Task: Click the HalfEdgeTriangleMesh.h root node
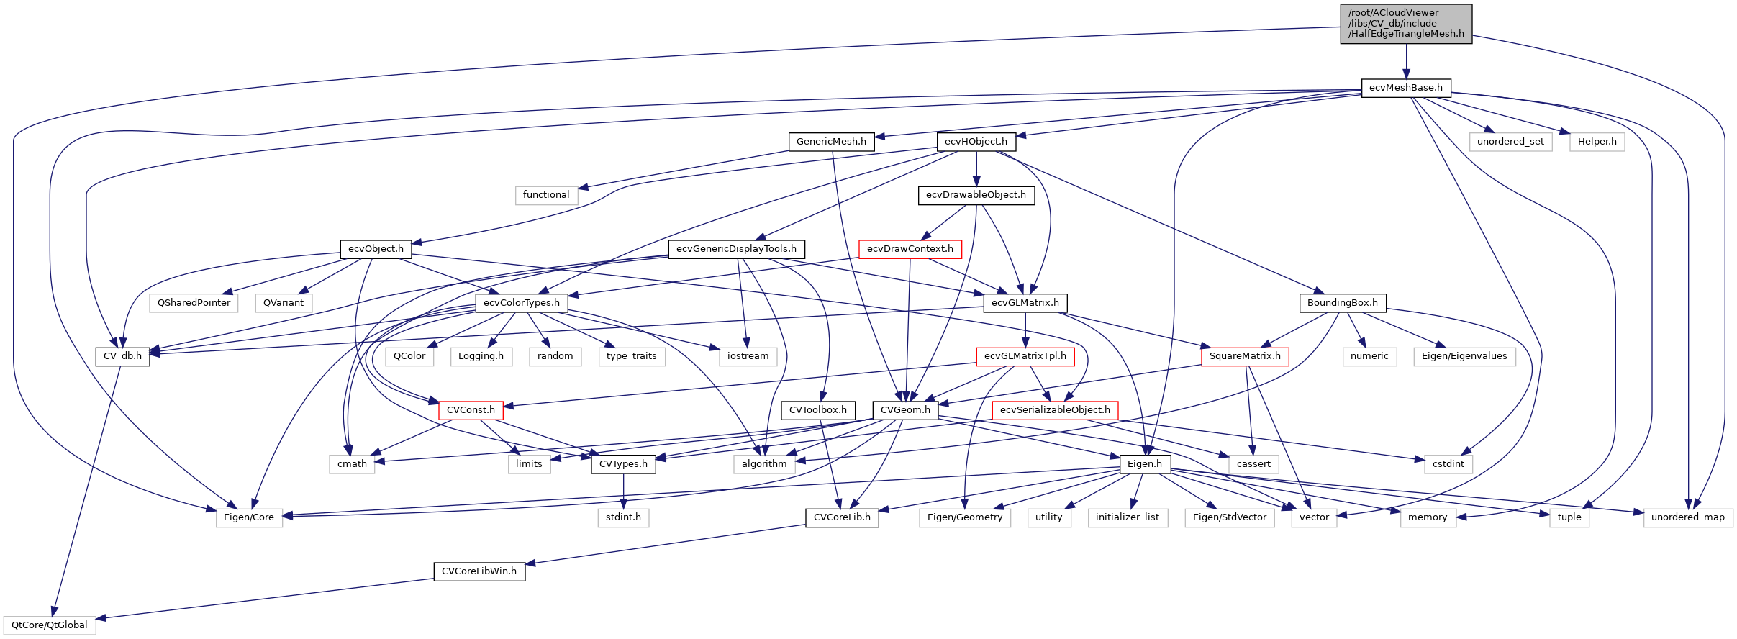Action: coord(1406,24)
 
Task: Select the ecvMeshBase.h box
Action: coord(1406,88)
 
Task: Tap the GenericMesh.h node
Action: coord(831,142)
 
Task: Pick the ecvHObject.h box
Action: coord(976,142)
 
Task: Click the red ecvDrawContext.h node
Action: coord(910,249)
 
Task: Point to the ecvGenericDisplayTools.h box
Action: coord(736,249)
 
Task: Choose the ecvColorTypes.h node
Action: coord(522,303)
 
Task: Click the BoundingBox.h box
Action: coord(1342,303)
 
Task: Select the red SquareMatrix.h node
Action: coord(1244,356)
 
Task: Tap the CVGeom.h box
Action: coord(905,410)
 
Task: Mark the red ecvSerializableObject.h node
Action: coord(1055,410)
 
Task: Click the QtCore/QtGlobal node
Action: coord(49,625)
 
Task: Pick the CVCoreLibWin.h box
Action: coord(479,571)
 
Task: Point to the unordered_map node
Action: coord(1687,517)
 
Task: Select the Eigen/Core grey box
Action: coord(249,517)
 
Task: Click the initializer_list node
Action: coord(1127,517)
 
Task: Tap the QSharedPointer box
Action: coord(194,303)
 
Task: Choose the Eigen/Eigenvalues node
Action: coord(1464,356)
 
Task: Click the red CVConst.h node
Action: coord(471,410)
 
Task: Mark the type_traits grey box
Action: coord(631,356)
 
